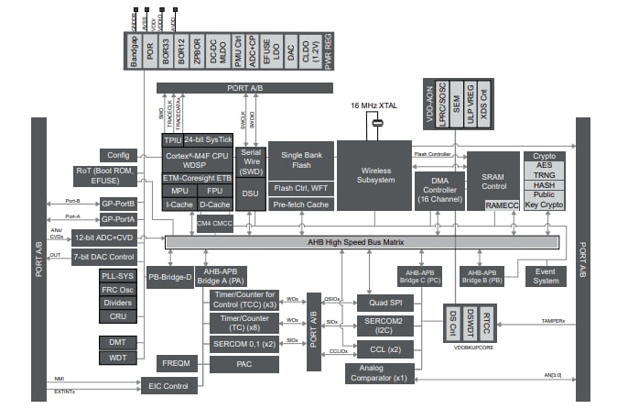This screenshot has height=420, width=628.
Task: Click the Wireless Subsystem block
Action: [x=374, y=175]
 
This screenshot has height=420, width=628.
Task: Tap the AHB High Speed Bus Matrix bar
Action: [x=362, y=241]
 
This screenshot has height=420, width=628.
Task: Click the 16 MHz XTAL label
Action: [x=374, y=106]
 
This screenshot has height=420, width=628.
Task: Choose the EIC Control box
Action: [x=168, y=386]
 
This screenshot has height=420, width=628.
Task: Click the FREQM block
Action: [x=177, y=363]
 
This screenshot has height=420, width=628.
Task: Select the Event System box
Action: [x=546, y=276]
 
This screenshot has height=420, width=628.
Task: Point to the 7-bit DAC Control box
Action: [x=104, y=258]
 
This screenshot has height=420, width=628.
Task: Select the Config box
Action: [x=117, y=155]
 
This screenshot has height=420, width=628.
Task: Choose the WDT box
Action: [x=118, y=357]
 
